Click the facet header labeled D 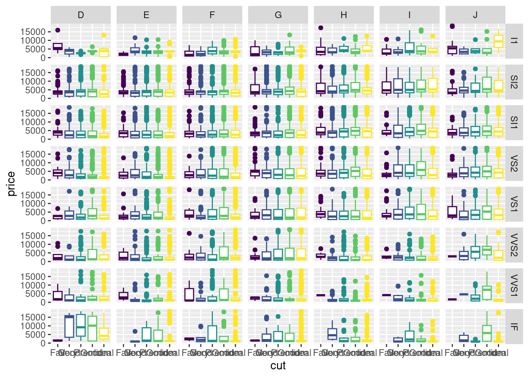81,15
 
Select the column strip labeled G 278,15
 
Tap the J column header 475,15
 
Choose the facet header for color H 344,15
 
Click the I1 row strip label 514,41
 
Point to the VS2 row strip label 514,163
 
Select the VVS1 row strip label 514,285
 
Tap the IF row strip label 514,326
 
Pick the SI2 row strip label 514,82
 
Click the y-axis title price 11,183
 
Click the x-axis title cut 278,366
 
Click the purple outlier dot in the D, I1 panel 57,30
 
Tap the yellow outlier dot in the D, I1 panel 104,35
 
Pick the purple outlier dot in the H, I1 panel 321,28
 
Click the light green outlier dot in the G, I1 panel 290,35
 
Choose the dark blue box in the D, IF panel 69,327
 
